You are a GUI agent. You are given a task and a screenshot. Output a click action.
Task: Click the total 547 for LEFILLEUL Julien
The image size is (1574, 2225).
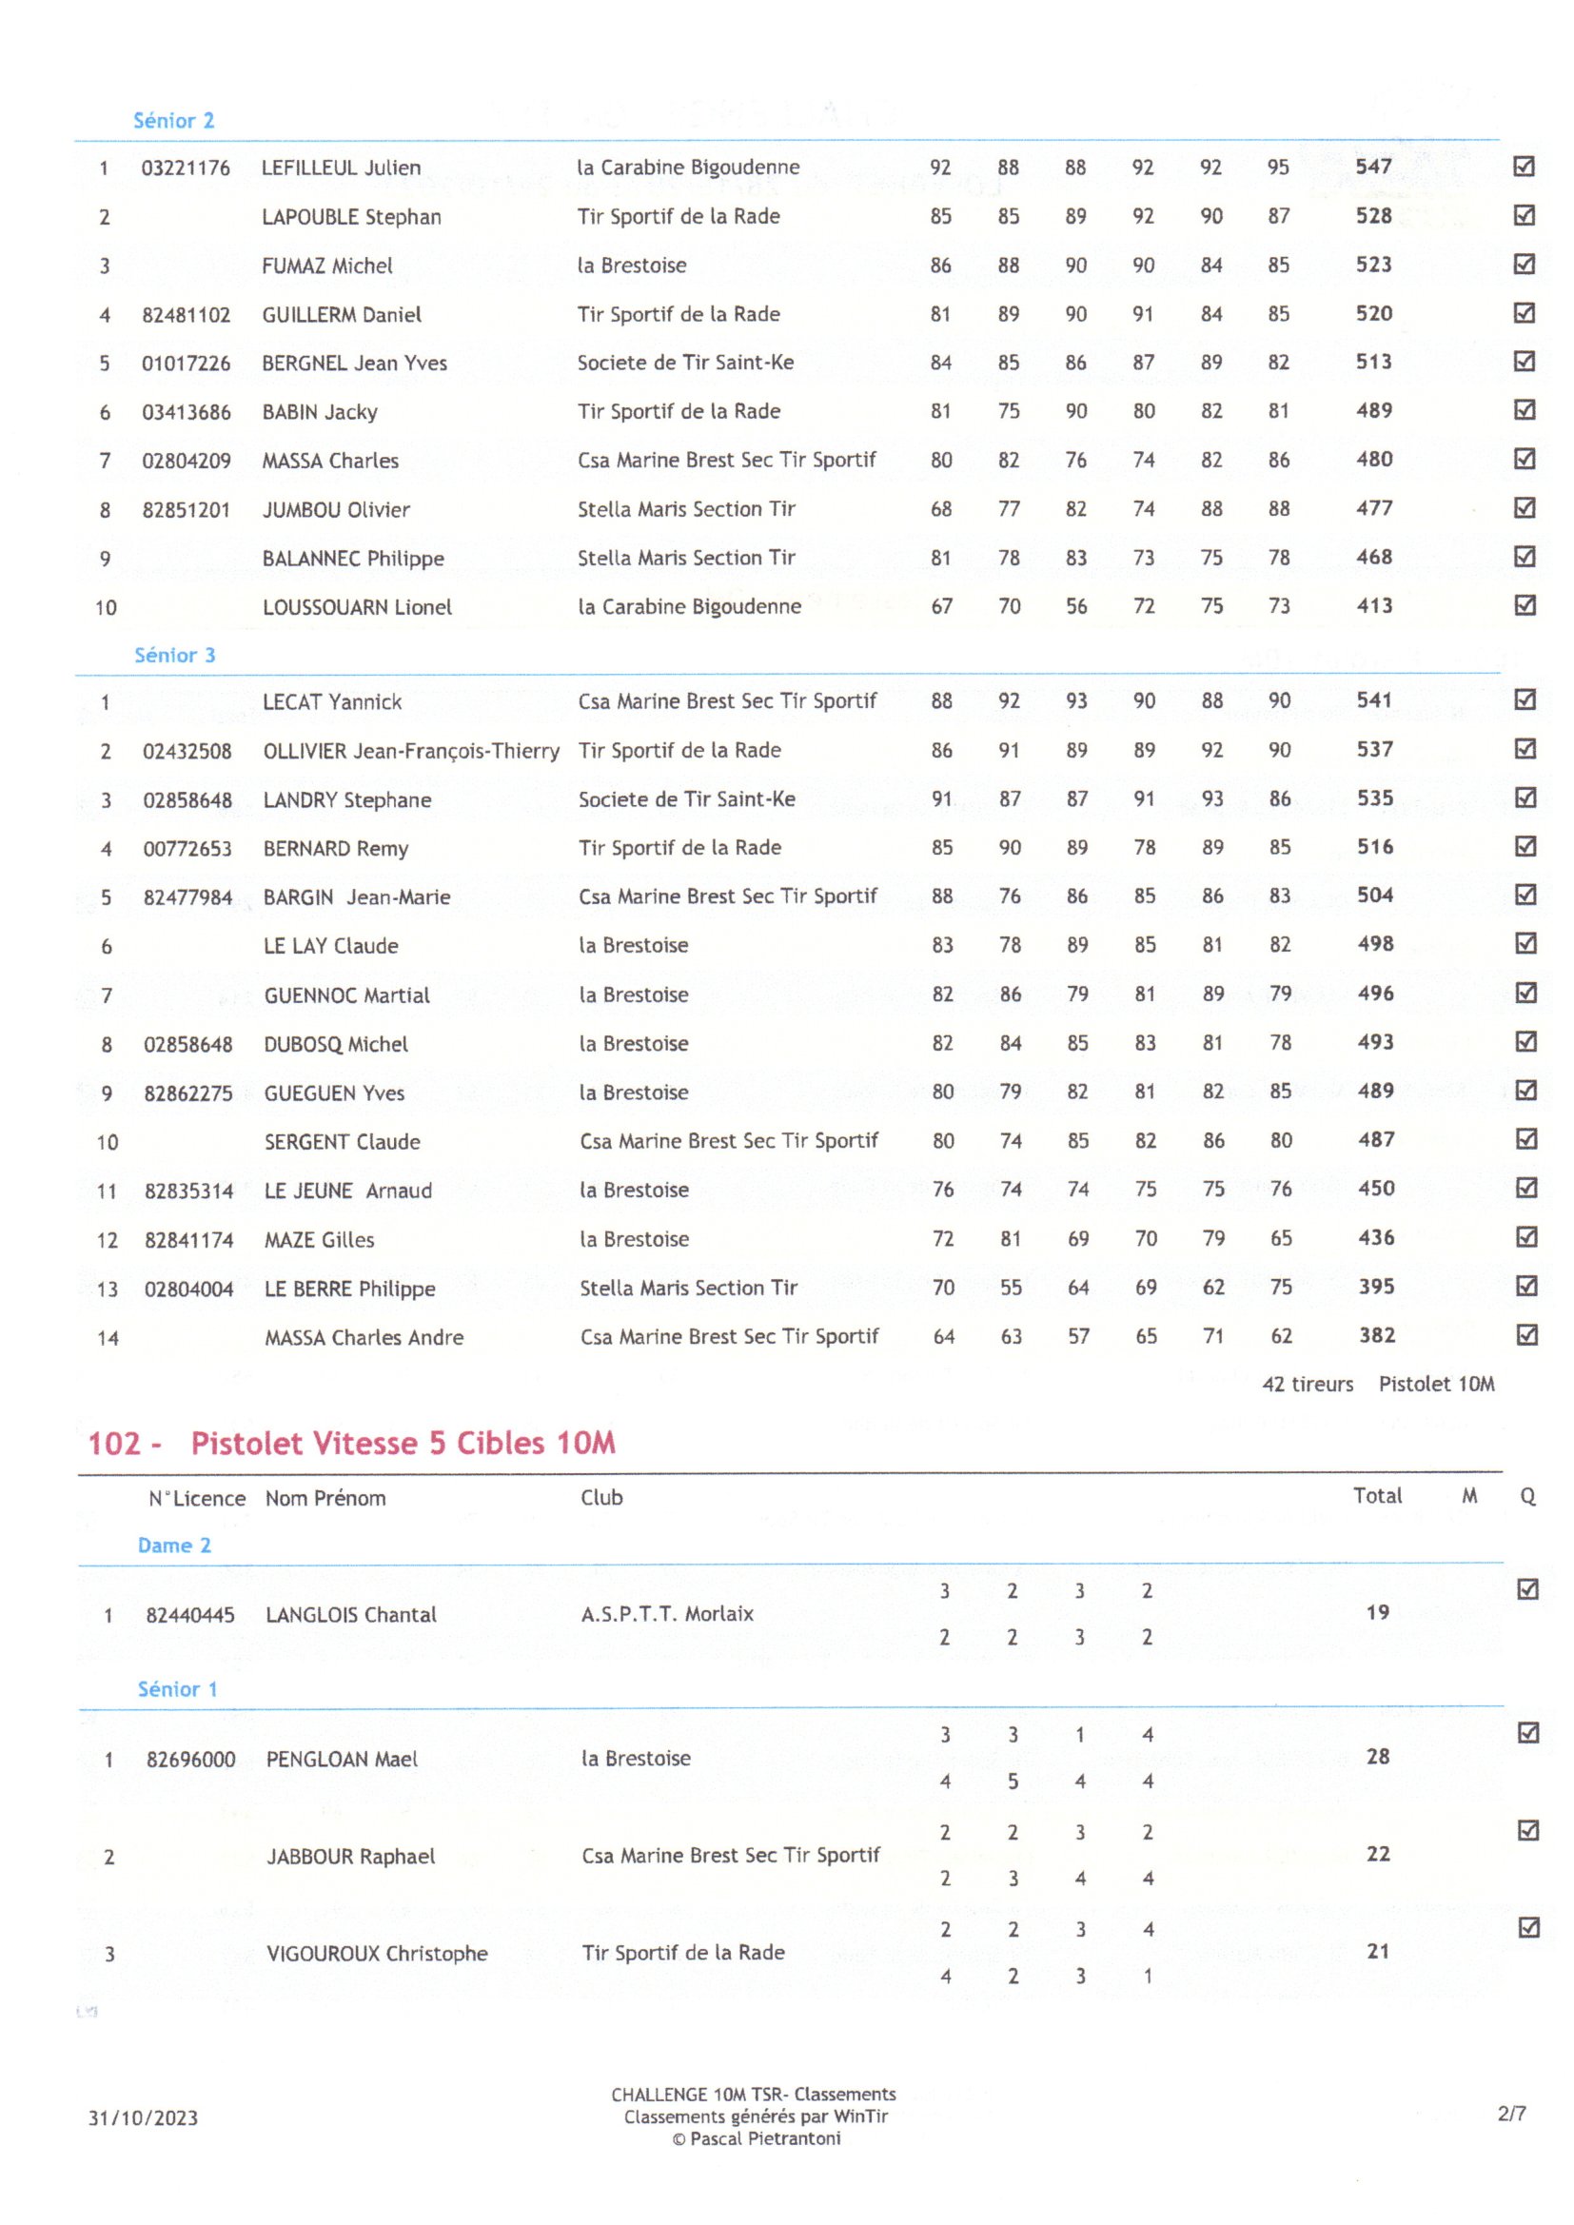[1373, 167]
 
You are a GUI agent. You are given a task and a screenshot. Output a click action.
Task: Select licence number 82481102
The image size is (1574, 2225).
[187, 315]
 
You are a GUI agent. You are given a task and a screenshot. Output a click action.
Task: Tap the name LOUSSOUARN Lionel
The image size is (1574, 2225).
[357, 607]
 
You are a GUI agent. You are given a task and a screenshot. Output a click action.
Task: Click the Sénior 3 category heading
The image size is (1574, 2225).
[174, 655]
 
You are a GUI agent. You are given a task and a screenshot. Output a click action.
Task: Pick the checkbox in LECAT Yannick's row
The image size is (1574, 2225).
[1525, 699]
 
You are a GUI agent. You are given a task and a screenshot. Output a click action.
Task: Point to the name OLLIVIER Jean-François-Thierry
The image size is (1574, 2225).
[411, 751]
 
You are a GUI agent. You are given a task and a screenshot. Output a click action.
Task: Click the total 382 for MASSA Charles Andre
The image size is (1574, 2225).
[1376, 1335]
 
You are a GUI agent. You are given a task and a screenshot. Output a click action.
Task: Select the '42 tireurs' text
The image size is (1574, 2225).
[1308, 1384]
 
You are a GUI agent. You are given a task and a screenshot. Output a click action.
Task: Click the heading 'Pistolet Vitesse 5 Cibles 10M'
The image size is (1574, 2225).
[403, 1443]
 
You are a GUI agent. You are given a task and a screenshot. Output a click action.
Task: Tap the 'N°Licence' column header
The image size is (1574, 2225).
[197, 1498]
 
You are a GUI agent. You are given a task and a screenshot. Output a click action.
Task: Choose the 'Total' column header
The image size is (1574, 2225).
[1377, 1495]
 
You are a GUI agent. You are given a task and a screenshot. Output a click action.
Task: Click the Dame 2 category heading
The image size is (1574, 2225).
[174, 1546]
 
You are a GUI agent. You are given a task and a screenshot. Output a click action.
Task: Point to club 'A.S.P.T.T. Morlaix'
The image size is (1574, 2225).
[667, 1613]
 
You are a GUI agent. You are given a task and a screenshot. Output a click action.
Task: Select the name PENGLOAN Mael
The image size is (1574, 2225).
[342, 1759]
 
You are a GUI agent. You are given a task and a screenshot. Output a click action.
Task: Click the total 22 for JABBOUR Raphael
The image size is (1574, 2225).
[1378, 1854]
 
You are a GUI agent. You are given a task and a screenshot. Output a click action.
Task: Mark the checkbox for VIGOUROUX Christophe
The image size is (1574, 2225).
[1528, 1927]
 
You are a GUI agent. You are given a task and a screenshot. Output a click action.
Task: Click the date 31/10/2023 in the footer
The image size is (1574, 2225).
[143, 2117]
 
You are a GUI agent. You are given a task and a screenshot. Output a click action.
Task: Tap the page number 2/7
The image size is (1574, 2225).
[1511, 2114]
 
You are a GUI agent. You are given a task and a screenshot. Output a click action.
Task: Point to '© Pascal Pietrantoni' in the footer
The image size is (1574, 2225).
[756, 2138]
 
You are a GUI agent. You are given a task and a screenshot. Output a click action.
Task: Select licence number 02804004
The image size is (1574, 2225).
[189, 1289]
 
